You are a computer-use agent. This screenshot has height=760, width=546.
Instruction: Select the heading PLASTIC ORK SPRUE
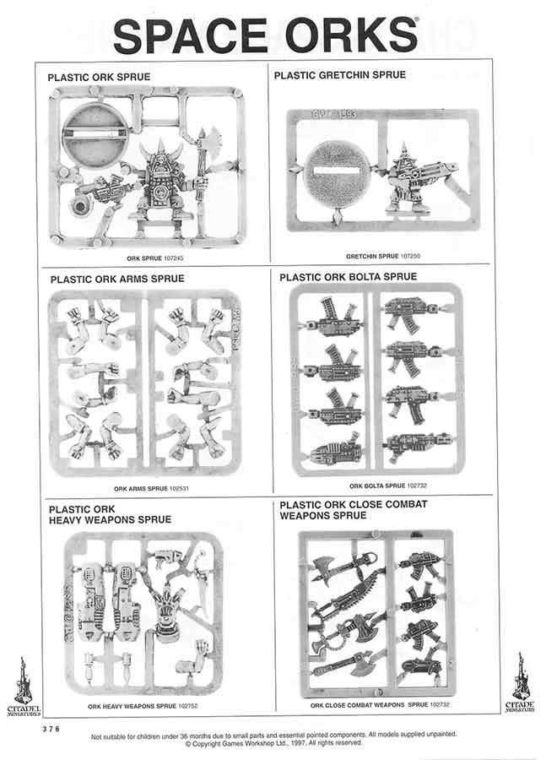99,77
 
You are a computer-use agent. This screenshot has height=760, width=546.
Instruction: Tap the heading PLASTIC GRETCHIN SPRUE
339,75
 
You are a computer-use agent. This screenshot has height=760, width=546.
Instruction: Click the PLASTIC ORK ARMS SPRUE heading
116,279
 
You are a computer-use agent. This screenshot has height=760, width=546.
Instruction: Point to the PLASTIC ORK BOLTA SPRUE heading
348,276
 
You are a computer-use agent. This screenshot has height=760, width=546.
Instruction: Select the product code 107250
411,256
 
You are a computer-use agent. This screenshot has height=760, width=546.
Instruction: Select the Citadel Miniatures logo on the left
23,684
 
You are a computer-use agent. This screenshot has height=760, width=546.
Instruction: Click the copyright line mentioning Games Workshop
273,744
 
